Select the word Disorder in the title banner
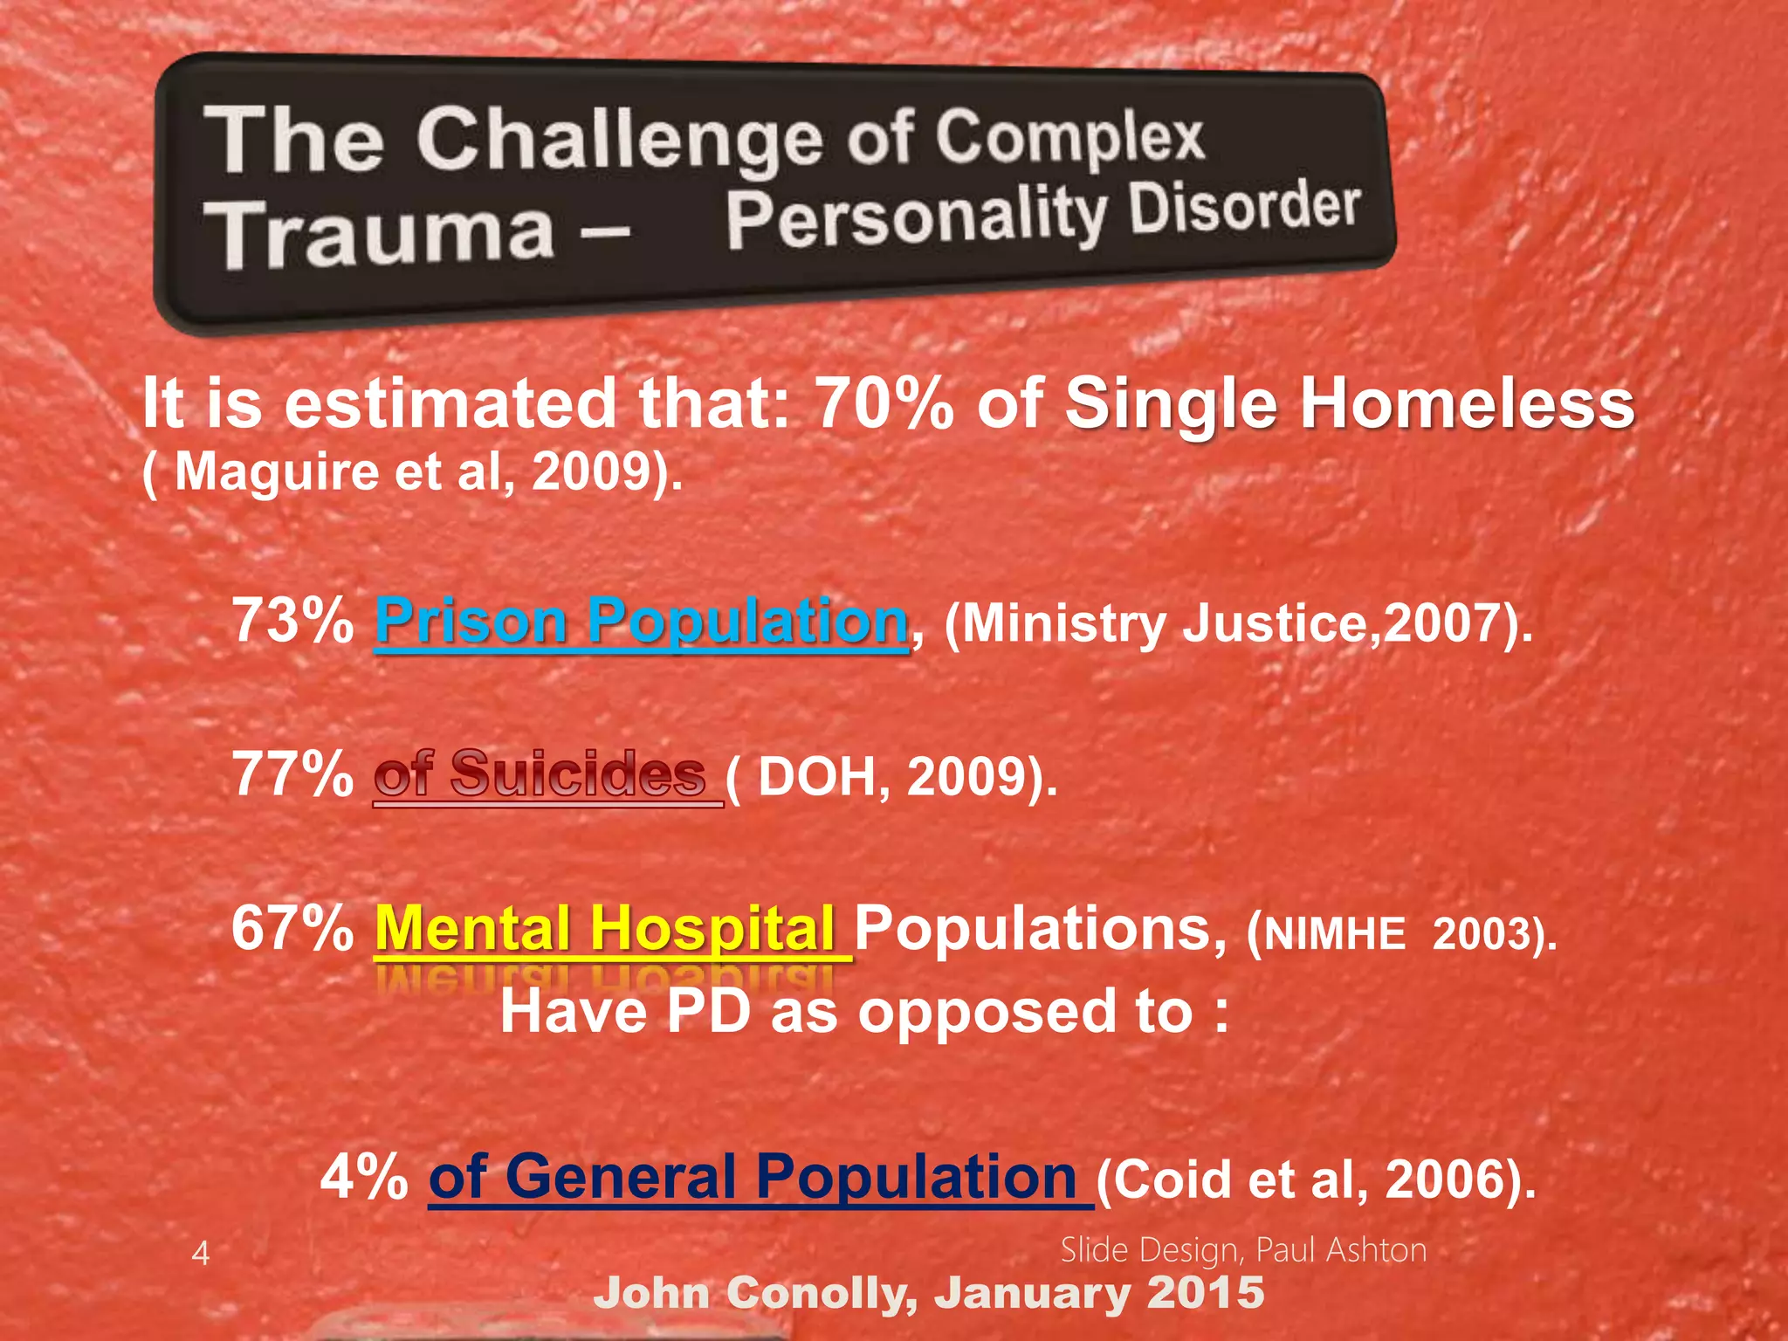click(1245, 210)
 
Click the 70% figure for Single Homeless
click(884, 404)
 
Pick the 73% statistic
click(292, 621)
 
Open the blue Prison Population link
click(642, 621)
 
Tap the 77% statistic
click(292, 774)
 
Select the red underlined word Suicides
click(578, 774)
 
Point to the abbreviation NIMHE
click(1336, 934)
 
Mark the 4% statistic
click(365, 1176)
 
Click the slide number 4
click(201, 1254)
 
